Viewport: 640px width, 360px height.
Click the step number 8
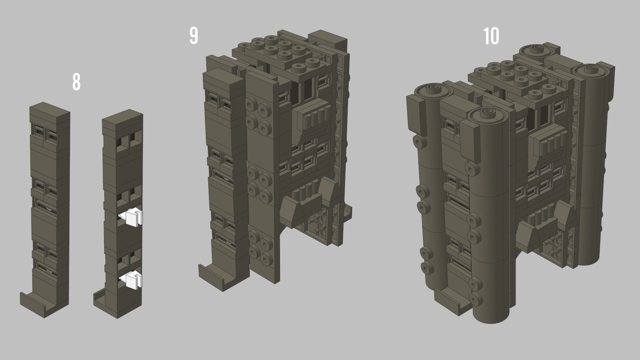(x=76, y=82)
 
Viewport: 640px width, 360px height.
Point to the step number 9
(x=193, y=35)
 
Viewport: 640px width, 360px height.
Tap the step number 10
(x=491, y=36)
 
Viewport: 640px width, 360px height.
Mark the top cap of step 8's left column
(x=49, y=113)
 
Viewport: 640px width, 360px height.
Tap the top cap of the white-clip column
(x=122, y=120)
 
